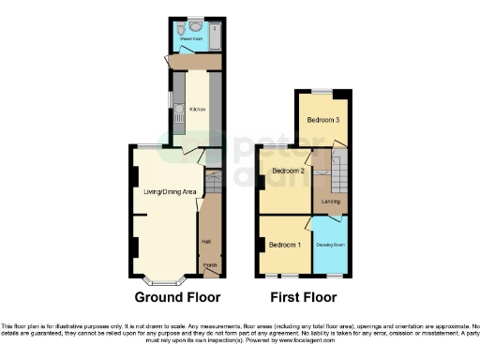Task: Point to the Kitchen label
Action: point(197,110)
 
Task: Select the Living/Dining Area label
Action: point(169,192)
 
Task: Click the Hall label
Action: point(205,242)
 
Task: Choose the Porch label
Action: point(209,265)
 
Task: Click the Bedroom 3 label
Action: point(324,119)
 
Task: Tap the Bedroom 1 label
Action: point(284,245)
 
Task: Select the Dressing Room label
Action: point(328,245)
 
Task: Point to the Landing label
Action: point(331,201)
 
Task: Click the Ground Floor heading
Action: point(178,298)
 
